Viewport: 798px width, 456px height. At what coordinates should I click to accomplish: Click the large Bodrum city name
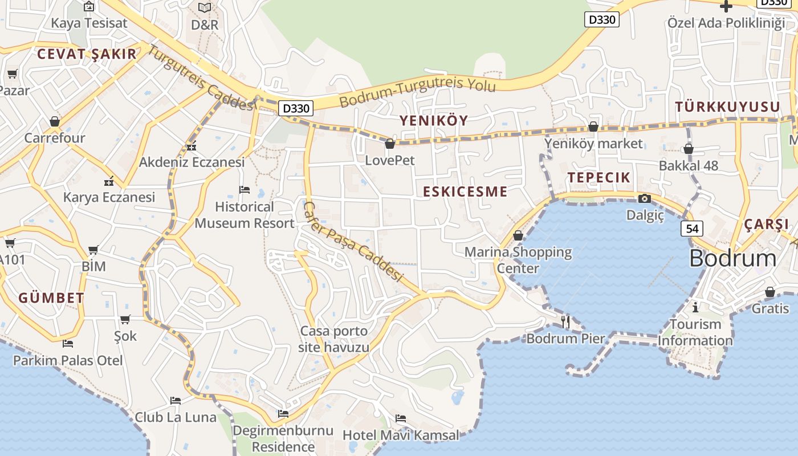click(732, 258)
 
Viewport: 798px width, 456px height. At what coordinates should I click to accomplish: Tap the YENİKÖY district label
click(433, 120)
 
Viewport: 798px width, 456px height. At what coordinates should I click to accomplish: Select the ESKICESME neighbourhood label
click(465, 192)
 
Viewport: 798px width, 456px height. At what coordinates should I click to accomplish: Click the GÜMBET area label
click(51, 298)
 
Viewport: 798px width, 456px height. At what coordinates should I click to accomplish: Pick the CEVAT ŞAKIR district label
click(87, 54)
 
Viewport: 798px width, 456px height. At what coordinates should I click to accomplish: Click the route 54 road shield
click(691, 229)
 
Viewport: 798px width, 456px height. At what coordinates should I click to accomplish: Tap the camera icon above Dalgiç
click(645, 198)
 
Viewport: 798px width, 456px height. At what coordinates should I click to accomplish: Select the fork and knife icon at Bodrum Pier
click(565, 322)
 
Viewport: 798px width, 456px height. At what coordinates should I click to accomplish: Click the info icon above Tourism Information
click(695, 307)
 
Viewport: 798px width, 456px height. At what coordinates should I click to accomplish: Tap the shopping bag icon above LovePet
click(390, 144)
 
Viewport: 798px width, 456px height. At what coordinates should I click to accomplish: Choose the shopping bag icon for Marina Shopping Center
click(518, 235)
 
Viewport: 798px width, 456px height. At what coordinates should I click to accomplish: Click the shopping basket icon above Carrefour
click(55, 121)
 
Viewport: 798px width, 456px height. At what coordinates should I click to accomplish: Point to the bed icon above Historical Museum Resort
click(245, 189)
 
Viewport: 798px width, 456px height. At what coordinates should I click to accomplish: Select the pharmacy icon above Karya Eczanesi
click(109, 182)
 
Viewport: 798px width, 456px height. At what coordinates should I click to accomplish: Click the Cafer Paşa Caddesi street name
click(353, 242)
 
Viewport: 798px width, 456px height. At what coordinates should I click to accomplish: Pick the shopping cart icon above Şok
click(125, 319)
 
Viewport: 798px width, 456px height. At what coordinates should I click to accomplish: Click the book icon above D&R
click(205, 7)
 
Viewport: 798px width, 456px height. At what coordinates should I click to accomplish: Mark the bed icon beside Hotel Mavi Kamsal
click(401, 418)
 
